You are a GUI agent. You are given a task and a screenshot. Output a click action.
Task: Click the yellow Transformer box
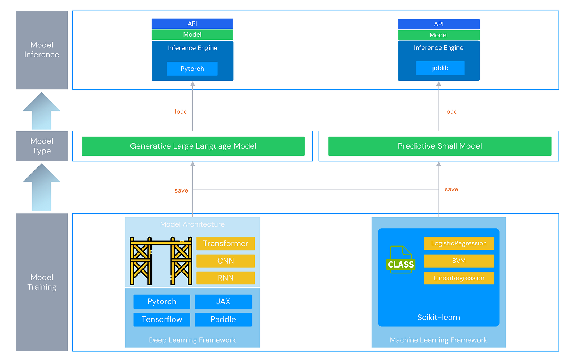click(x=225, y=244)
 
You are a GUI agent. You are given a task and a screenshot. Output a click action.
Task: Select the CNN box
click(x=225, y=261)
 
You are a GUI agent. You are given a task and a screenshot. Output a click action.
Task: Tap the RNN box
click(x=225, y=278)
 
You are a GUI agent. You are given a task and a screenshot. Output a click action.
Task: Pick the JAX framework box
click(x=223, y=302)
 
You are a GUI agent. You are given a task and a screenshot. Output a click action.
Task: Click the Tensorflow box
click(x=162, y=319)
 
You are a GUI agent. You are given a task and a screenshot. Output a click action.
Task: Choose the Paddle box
click(x=223, y=319)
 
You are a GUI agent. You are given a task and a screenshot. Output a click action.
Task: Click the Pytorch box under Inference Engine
click(x=192, y=69)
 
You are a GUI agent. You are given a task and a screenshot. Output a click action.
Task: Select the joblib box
click(x=440, y=68)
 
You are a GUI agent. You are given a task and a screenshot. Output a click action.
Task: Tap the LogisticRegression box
click(x=459, y=243)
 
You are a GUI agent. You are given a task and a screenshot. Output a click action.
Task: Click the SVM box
click(x=459, y=261)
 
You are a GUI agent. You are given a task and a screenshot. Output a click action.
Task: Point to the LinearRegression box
click(x=459, y=278)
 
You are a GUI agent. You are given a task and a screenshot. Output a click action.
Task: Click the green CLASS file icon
click(x=401, y=260)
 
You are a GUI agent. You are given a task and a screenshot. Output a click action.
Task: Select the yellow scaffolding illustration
click(x=161, y=261)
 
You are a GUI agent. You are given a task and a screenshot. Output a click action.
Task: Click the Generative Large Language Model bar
click(x=193, y=146)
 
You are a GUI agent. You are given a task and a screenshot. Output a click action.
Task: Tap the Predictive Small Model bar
click(x=440, y=146)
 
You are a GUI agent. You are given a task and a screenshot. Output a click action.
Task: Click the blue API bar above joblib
click(x=438, y=24)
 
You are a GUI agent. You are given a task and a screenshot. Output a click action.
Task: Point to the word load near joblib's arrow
click(x=451, y=112)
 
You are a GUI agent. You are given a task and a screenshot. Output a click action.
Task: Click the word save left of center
click(x=181, y=191)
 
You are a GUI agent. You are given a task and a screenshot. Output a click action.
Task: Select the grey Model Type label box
click(x=42, y=146)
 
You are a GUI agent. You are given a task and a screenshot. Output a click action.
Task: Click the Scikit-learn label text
click(x=438, y=318)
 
